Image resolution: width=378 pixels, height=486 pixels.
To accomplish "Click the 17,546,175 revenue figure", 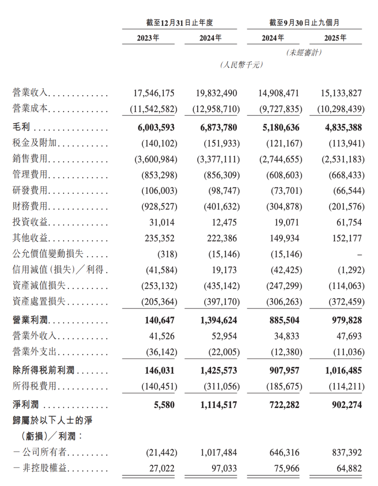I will pyautogui.click(x=154, y=93).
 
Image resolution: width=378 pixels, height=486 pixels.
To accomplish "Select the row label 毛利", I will pyautogui.click(x=21, y=127).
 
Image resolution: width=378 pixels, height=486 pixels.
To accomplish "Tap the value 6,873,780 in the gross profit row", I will pyautogui.click(x=218, y=127).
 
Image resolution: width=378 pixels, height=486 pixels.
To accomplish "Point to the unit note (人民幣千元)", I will pyautogui.click(x=241, y=65).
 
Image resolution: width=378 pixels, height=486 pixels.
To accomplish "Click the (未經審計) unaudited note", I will pyautogui.click(x=304, y=53).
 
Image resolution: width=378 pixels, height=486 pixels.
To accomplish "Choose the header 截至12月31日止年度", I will pyautogui.click(x=180, y=23).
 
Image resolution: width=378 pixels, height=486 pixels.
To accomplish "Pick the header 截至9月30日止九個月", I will pyautogui.click(x=304, y=23).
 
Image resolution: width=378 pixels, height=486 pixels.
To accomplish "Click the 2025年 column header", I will pyautogui.click(x=335, y=38).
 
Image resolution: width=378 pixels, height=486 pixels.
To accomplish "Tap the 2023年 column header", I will pyautogui.click(x=148, y=38).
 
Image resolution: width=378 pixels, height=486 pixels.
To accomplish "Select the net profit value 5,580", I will pyautogui.click(x=164, y=405).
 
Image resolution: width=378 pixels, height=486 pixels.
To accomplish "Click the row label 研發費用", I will pyautogui.click(x=30, y=190).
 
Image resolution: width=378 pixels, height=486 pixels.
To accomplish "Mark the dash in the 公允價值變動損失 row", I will pyautogui.click(x=359, y=255).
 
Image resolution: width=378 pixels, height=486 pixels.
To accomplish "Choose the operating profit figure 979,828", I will pyautogui.click(x=347, y=320).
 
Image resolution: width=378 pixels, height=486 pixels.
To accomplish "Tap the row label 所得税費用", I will pyautogui.click(x=34, y=386).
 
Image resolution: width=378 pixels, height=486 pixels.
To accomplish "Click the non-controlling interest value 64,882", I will pyautogui.click(x=349, y=468).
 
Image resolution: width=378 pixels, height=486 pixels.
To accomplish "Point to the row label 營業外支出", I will pyautogui.click(x=34, y=352).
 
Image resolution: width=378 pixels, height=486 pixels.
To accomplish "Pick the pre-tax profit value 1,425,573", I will pyautogui.click(x=218, y=370).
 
